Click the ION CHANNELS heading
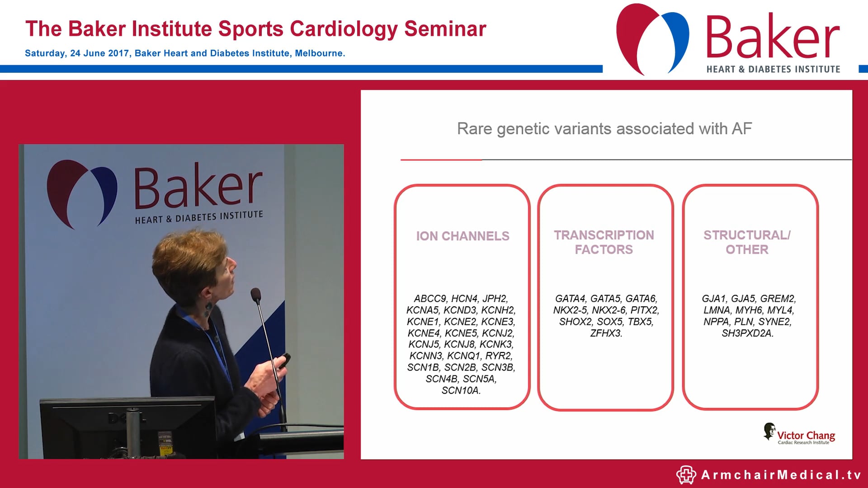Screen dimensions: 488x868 (462, 236)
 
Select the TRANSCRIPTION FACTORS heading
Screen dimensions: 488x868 (604, 242)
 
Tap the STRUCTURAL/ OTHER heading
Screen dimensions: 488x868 (747, 242)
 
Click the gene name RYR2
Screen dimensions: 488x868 (499, 356)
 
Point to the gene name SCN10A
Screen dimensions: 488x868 (461, 390)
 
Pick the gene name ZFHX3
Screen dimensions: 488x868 (606, 333)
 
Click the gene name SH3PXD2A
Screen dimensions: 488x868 (747, 333)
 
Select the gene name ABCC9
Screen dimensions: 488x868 (429, 299)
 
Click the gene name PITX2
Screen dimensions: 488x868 (645, 310)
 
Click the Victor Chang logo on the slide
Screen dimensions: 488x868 (799, 435)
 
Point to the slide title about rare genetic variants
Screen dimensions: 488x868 (604, 129)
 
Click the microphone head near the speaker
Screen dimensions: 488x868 (255, 295)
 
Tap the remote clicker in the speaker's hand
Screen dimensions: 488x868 (284, 360)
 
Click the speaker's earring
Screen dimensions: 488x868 (208, 309)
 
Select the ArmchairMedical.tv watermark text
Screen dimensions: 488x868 (781, 475)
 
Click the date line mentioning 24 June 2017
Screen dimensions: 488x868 (185, 53)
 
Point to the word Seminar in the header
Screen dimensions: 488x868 (445, 29)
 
